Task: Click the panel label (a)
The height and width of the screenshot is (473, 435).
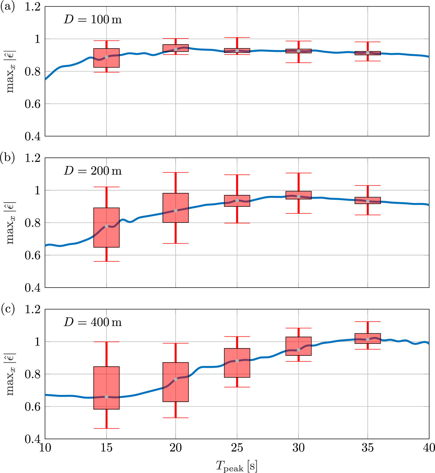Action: (x=8, y=7)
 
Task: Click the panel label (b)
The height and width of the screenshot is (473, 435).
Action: (x=8, y=158)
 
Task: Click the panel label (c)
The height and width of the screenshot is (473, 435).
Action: (x=8, y=309)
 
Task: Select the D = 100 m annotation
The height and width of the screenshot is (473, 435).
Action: (x=92, y=20)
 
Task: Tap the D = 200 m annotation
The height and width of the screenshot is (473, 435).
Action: (x=92, y=171)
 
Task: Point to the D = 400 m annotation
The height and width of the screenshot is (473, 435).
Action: (x=92, y=323)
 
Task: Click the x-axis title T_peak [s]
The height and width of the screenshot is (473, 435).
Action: (x=237, y=466)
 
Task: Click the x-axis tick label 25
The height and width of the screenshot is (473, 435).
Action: (x=237, y=448)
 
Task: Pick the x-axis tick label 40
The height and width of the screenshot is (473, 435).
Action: (x=428, y=448)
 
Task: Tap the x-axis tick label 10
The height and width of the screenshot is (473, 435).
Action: (x=45, y=448)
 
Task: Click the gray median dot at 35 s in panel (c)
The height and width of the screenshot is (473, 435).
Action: (x=368, y=339)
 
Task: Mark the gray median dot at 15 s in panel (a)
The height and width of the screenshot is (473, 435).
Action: (x=106, y=57)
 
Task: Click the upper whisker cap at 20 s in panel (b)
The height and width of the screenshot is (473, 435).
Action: (x=176, y=172)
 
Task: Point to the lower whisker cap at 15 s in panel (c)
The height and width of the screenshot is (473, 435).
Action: (x=106, y=428)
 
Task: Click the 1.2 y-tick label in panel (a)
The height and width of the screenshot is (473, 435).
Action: (x=32, y=7)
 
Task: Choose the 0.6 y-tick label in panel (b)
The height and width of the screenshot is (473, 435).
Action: (x=32, y=255)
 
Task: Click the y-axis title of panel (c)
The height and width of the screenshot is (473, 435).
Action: (x=11, y=374)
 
